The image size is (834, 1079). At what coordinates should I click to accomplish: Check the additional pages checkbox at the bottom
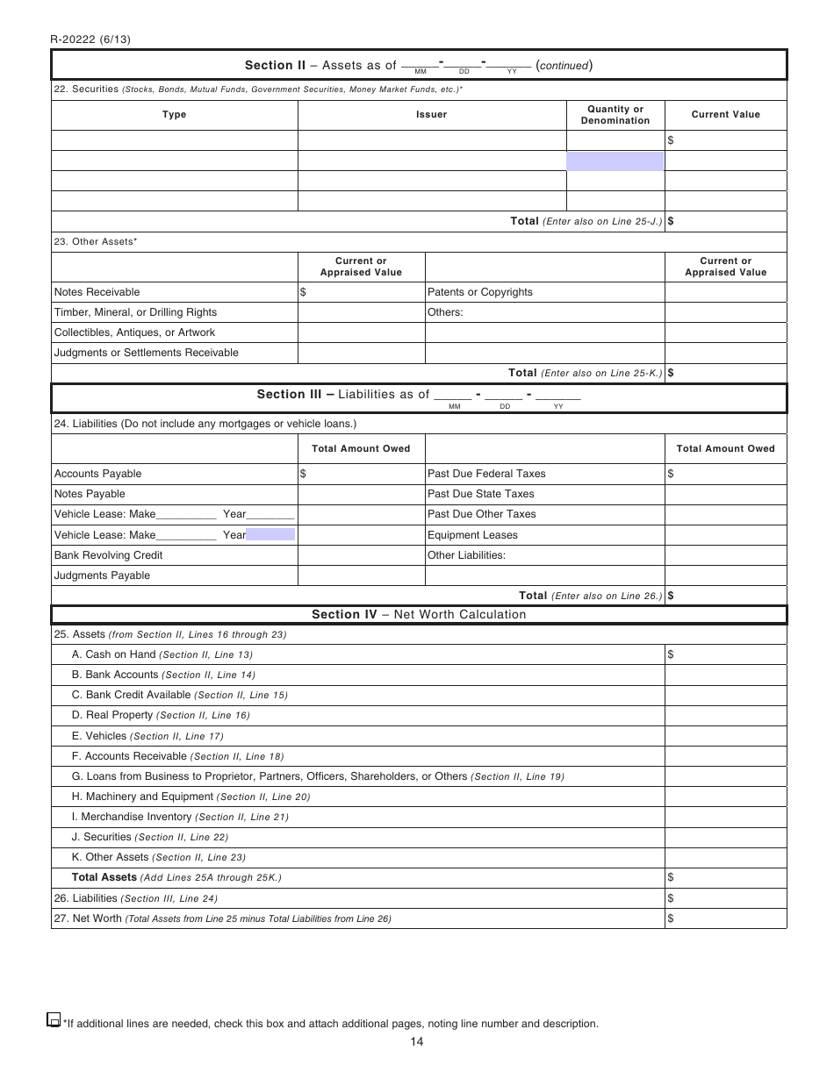pos(53,1020)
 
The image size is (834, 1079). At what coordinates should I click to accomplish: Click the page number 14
pos(416,1041)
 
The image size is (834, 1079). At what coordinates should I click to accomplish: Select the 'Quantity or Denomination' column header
pos(615,115)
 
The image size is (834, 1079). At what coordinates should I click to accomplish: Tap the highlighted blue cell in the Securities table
pos(615,161)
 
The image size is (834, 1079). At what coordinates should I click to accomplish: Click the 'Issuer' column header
pos(431,115)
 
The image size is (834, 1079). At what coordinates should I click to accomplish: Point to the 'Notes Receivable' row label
pos(97,292)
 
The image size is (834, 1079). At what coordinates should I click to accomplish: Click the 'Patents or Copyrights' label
pos(479,292)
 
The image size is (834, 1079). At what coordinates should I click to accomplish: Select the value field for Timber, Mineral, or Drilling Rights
pos(361,312)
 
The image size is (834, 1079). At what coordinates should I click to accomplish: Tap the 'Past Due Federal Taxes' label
pos(486,474)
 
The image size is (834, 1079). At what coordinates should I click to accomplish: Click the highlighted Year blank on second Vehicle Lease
pos(270,534)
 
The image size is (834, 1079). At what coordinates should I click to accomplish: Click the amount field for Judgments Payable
pos(361,575)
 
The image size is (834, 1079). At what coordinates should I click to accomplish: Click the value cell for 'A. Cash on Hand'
pos(725,654)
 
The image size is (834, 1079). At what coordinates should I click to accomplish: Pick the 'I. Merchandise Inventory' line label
pos(132,817)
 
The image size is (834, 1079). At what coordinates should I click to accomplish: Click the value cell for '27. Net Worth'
pos(725,918)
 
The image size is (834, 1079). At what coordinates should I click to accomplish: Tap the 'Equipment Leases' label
pos(472,535)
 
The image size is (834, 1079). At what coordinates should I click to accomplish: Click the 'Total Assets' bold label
pos(104,877)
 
